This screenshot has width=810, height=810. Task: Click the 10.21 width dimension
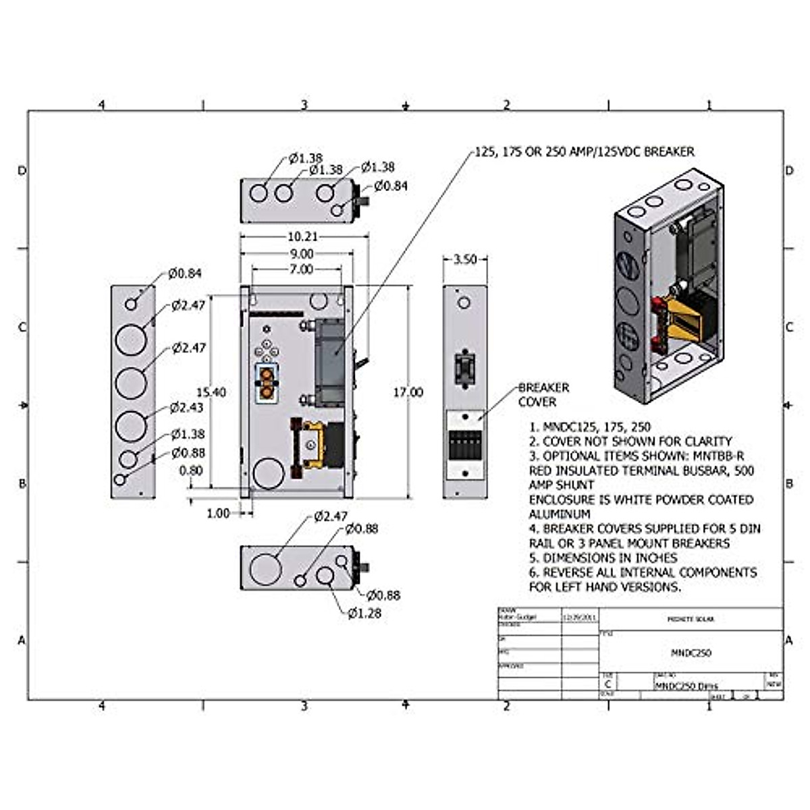(302, 237)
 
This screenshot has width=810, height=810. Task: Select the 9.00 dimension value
(302, 254)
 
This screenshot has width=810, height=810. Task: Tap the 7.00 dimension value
(301, 269)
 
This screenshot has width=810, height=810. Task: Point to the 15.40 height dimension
(211, 392)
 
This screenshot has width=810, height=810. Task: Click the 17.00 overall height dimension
(408, 392)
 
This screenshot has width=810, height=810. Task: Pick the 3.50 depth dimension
(464, 259)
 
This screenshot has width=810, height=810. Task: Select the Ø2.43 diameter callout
(187, 407)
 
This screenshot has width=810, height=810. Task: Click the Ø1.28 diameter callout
(364, 613)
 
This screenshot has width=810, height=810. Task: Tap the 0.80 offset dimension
(191, 470)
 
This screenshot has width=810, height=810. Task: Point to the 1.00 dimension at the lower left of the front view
(217, 513)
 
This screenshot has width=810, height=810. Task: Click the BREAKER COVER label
(543, 395)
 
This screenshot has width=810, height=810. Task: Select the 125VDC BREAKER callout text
(585, 152)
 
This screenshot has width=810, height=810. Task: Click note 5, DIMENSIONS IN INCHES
(603, 558)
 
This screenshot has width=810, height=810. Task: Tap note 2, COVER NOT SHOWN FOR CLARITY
(630, 441)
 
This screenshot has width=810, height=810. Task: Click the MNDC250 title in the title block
(691, 653)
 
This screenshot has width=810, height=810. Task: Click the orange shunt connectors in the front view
(267, 383)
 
